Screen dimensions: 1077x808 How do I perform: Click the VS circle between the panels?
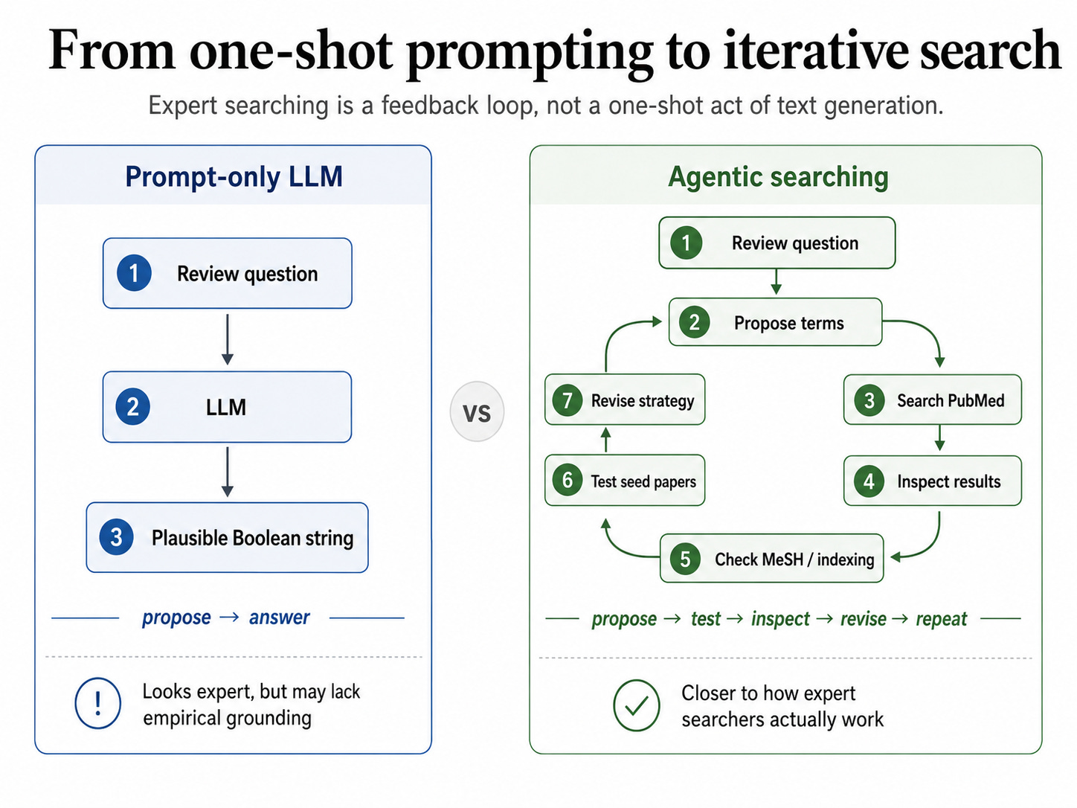pos(477,411)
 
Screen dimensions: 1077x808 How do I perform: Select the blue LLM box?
pos(227,407)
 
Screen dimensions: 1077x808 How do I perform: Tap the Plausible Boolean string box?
pos(227,537)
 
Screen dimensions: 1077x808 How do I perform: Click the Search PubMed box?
pos(932,400)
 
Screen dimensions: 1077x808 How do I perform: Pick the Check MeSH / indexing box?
pos(772,558)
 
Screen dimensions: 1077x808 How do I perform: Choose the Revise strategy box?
pos(625,400)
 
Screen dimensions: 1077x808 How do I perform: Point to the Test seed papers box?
pos(625,481)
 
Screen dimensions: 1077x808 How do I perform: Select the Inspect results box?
pos(932,481)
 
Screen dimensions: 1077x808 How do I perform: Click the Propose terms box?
pos(775,322)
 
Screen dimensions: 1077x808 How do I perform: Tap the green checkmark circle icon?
pos(637,705)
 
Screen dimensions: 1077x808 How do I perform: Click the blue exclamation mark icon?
pos(97,703)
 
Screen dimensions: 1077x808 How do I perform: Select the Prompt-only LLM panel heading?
pos(234,176)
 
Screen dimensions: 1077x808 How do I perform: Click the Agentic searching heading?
pos(778,176)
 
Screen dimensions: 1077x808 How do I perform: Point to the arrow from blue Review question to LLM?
pos(227,339)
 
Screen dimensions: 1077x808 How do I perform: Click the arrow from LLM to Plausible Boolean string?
pos(227,472)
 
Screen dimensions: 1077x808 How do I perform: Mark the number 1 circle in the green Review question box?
pos(686,243)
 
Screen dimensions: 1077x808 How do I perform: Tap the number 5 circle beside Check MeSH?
pos(686,559)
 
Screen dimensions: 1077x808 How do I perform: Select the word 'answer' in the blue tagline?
pos(279,618)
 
